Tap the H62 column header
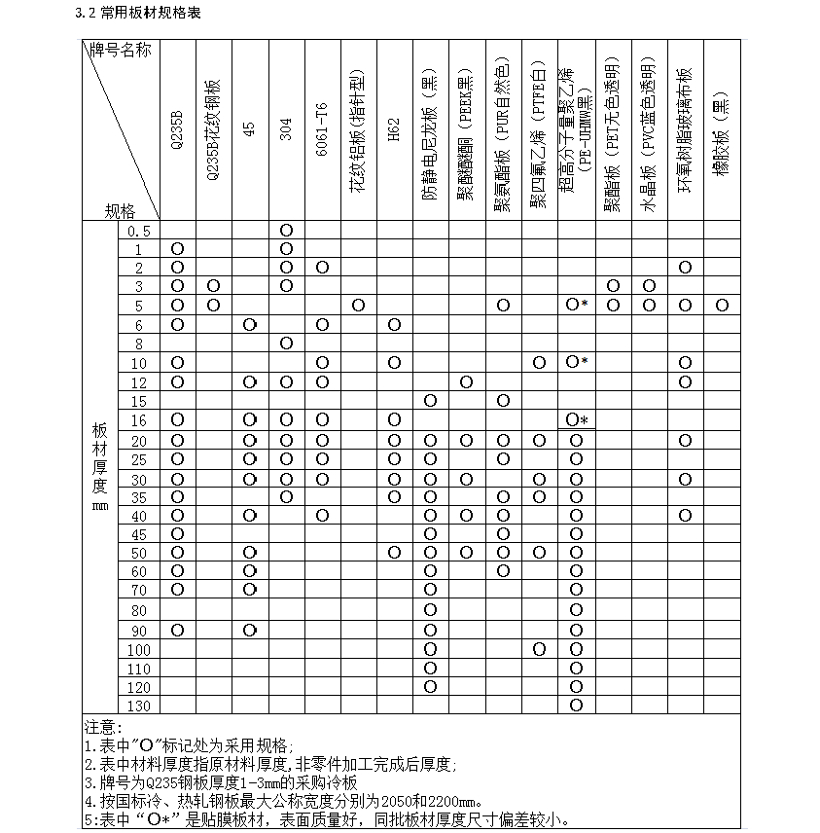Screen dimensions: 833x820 tap(394, 130)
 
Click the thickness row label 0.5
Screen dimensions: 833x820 tap(139, 231)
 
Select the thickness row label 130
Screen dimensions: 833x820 tap(139, 706)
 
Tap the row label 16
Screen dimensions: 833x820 tap(139, 419)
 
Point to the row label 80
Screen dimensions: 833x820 tap(139, 611)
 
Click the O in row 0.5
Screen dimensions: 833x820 tap(286, 231)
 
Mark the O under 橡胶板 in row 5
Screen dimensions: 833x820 tap(721, 306)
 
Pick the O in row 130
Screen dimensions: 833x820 tap(576, 706)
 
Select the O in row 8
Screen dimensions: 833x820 tap(286, 344)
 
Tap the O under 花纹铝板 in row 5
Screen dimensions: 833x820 tap(358, 306)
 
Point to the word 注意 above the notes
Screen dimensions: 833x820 tap(102, 727)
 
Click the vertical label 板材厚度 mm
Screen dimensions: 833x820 tap(99, 467)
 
